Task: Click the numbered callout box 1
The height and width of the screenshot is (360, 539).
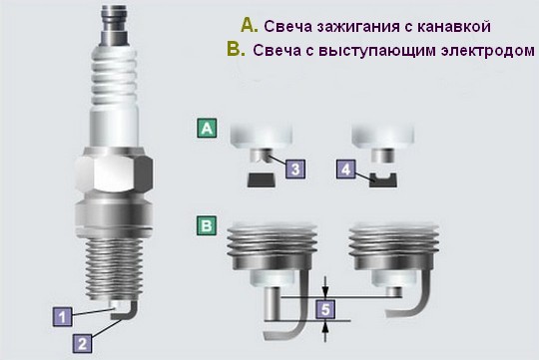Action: click(63, 317)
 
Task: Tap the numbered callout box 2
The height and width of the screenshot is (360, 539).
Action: click(82, 343)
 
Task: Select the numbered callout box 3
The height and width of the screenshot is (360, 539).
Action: click(295, 169)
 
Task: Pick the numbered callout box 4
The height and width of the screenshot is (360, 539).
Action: click(345, 169)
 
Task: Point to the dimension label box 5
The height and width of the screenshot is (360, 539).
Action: click(325, 309)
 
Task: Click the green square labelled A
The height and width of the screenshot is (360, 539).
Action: click(207, 128)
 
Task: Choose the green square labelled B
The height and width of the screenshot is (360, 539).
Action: click(207, 225)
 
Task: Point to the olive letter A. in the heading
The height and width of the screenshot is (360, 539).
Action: click(250, 25)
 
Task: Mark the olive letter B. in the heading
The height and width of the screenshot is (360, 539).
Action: click(237, 49)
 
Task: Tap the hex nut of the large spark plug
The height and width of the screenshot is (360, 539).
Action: click(114, 175)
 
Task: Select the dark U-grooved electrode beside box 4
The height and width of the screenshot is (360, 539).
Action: click(383, 180)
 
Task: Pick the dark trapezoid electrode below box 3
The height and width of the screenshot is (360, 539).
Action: click(262, 180)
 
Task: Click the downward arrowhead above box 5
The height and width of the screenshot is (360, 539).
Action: click(325, 290)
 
